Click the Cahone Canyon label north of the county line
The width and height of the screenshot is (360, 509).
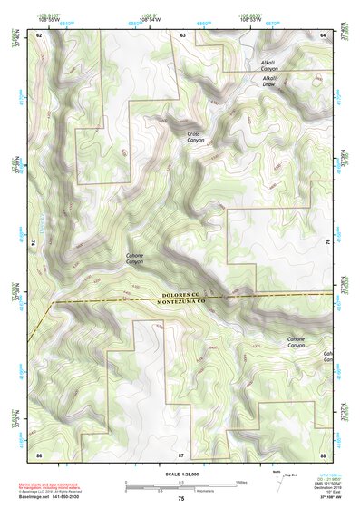click(x=141, y=259)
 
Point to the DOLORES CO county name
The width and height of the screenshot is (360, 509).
click(x=187, y=296)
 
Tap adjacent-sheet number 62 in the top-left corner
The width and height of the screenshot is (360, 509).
click(x=39, y=34)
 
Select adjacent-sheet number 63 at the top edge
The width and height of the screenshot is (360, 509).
click(x=182, y=34)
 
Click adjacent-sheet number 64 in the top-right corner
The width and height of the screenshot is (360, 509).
click(x=323, y=34)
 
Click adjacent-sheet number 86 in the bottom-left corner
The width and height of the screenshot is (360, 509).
click(x=39, y=453)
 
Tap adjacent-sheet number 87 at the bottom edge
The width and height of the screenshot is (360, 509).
click(x=181, y=453)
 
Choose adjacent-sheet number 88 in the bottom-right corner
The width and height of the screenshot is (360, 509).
click(x=323, y=453)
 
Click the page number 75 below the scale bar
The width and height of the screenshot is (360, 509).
click(x=180, y=499)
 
